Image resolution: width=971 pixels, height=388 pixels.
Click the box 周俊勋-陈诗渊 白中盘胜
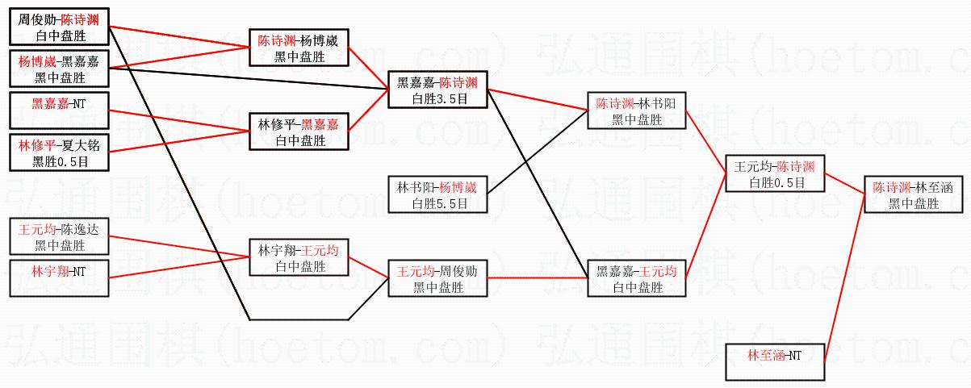click(59, 27)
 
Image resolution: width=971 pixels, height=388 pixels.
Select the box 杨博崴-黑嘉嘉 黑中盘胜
click(59, 69)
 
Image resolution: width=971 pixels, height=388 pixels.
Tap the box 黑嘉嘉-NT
click(59, 111)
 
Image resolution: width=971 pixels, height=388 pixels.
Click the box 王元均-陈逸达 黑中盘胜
click(59, 237)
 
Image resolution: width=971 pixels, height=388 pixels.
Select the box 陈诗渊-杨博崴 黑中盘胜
click(298, 48)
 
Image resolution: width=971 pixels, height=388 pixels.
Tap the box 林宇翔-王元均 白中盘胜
click(298, 258)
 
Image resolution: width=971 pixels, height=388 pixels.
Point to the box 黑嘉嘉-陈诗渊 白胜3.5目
click(438, 90)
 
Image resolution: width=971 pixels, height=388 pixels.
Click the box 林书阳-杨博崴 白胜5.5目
click(438, 194)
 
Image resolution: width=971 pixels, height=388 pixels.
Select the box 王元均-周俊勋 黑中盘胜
click(438, 278)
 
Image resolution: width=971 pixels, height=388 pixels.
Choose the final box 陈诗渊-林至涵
click(914, 194)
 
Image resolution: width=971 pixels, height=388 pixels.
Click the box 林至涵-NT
click(775, 362)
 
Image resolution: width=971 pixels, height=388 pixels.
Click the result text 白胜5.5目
click(438, 203)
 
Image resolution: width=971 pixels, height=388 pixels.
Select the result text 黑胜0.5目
click(59, 161)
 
